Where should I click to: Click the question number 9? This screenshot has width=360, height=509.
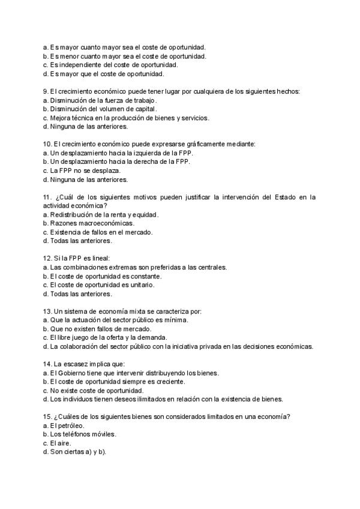click(46, 91)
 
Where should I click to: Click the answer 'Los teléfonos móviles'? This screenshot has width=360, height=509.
click(83, 434)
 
